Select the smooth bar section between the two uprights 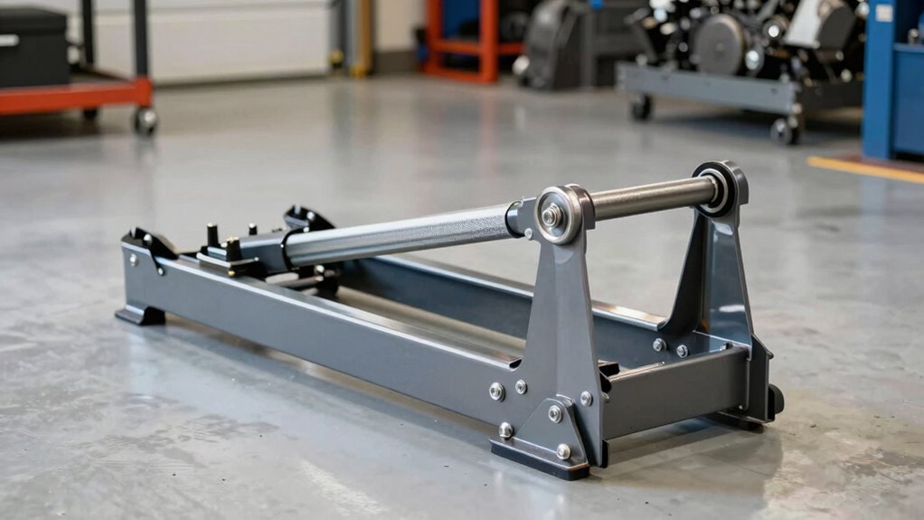(651, 196)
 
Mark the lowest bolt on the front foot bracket (563, 450)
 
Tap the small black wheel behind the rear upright (775, 399)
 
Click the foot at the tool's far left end (140, 315)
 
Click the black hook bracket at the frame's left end (149, 243)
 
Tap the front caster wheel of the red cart (145, 121)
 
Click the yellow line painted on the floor (863, 168)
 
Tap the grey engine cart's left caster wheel (641, 107)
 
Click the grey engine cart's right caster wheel (783, 131)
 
